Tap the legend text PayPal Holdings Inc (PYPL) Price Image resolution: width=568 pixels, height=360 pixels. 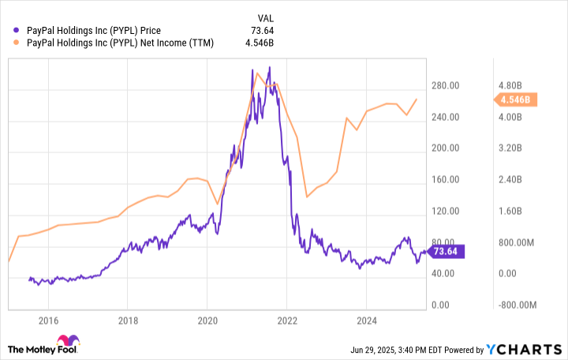point(94,32)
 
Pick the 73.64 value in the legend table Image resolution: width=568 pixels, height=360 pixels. point(263,32)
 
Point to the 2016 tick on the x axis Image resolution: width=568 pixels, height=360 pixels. point(49,321)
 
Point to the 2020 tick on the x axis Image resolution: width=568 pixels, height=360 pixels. point(207,321)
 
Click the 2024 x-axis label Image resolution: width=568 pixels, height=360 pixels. point(366,321)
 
